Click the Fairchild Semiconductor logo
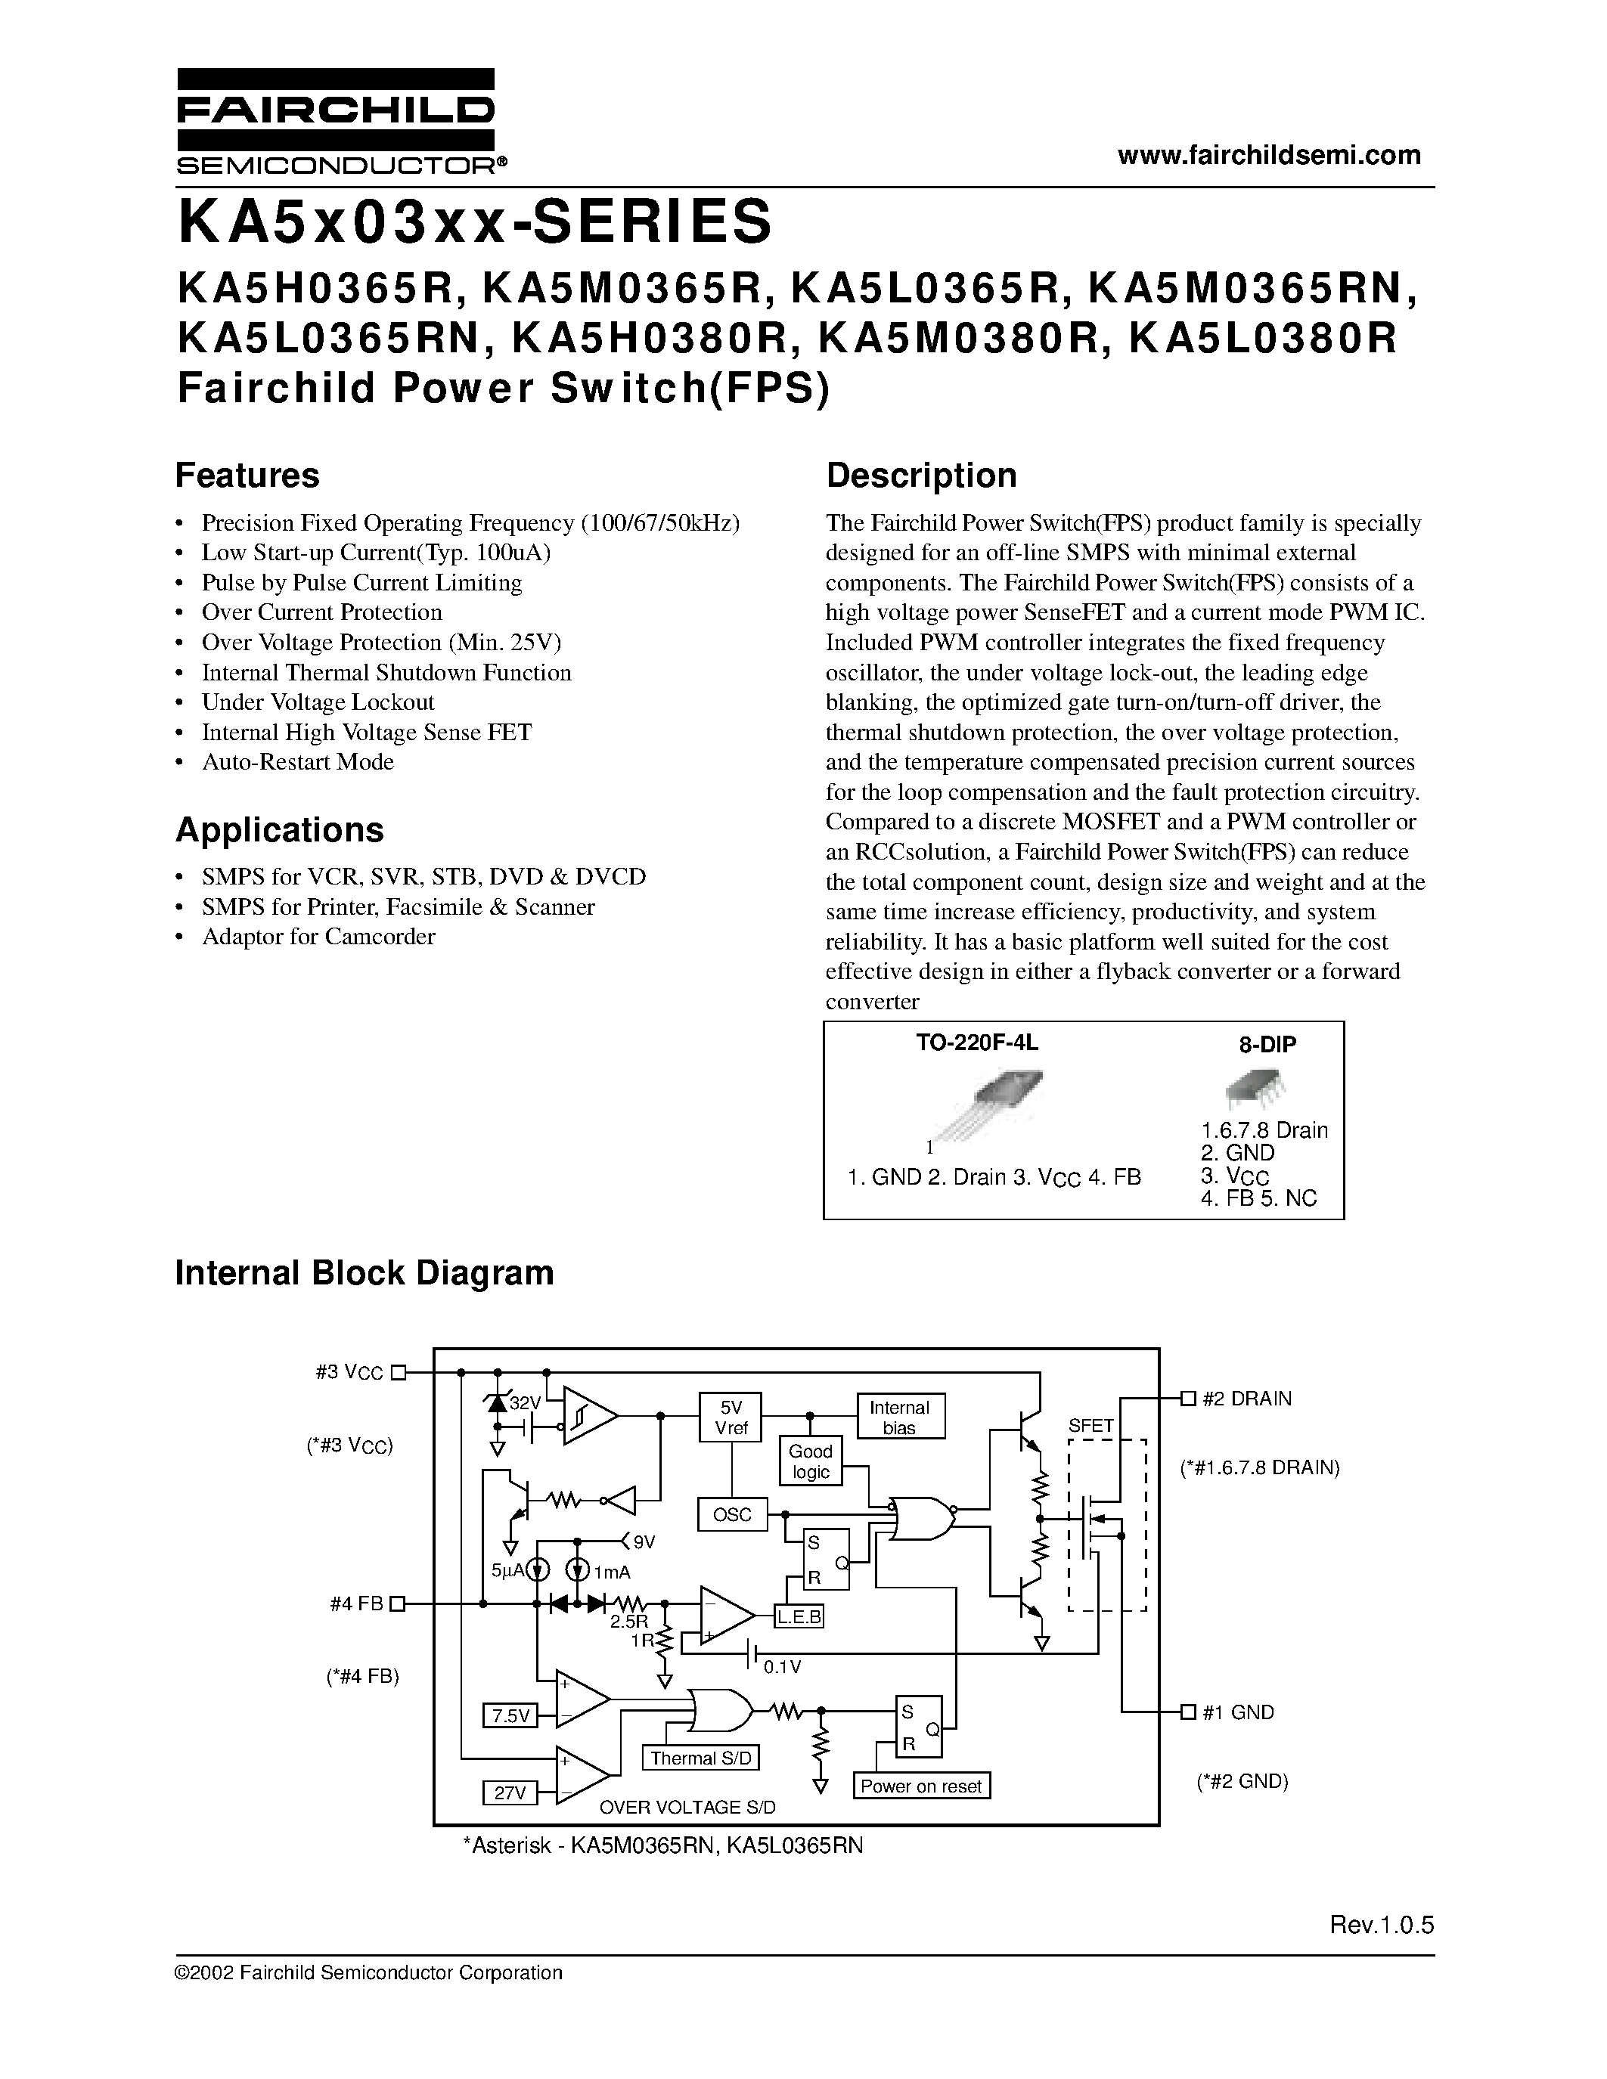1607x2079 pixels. (x=335, y=121)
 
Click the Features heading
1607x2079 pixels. (x=247, y=475)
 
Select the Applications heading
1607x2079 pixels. (x=279, y=830)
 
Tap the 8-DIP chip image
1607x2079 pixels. (x=1254, y=1088)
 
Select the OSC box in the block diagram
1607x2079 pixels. (x=732, y=1514)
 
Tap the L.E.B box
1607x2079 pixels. (x=799, y=1616)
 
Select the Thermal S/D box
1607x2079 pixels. (x=702, y=1758)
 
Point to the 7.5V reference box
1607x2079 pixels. (x=510, y=1715)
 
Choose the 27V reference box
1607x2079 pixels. (x=510, y=1792)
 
